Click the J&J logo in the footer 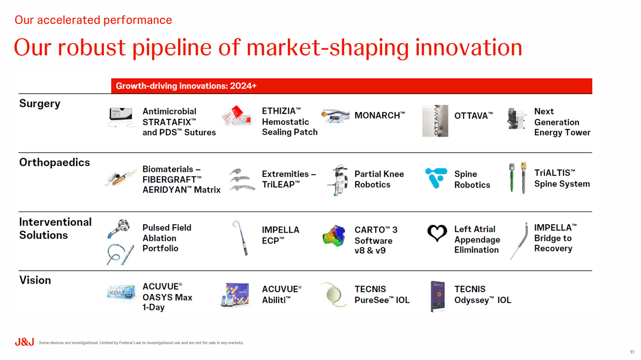24,341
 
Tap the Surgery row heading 40,104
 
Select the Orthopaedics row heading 54,162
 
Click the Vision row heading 35,280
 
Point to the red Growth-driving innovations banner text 186,86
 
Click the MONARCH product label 380,115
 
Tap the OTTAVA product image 435,121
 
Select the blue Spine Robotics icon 436,177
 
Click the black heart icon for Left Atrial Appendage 437,233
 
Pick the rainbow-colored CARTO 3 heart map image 334,236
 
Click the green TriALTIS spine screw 512,177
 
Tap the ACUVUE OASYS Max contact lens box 121,292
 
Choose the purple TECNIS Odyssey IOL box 438,296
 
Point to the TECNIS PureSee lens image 333,294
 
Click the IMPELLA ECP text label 280,235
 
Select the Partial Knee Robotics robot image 338,180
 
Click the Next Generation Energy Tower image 517,119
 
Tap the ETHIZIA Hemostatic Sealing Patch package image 237,116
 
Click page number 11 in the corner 632,352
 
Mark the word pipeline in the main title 172,48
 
